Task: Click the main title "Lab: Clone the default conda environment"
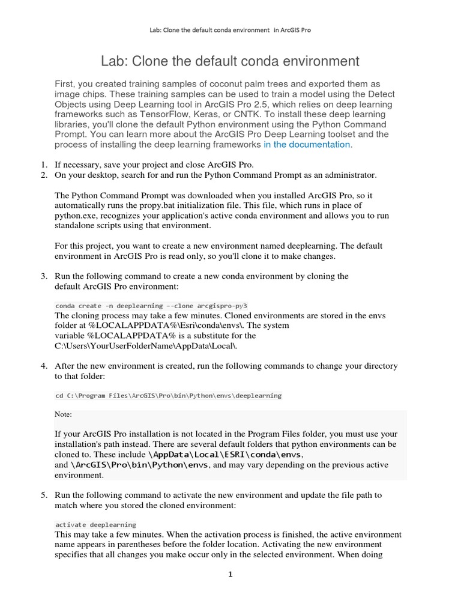230,61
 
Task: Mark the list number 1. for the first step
43,165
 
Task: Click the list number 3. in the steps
43,276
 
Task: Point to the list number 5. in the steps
43,495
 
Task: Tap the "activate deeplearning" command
95,524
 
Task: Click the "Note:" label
63,414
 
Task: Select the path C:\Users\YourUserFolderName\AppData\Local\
148,346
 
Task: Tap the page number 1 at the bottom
230,574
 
